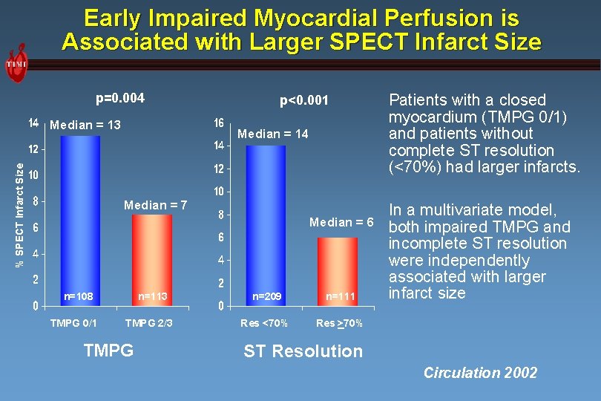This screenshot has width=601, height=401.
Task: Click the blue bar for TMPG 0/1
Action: click(x=79, y=215)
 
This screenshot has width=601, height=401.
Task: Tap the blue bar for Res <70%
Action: click(x=266, y=223)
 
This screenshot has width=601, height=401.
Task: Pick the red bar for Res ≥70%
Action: click(x=338, y=267)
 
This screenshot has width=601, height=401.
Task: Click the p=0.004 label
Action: click(x=120, y=99)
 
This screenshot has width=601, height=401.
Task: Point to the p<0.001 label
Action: click(x=303, y=100)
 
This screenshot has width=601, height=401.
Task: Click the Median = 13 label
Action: click(x=85, y=125)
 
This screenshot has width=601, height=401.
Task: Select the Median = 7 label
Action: click(x=156, y=205)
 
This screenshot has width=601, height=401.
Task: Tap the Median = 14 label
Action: click(x=272, y=134)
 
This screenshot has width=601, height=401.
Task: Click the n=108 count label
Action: click(x=78, y=296)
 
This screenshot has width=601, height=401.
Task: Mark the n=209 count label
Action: click(x=266, y=296)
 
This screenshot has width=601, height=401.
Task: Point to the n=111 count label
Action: click(x=341, y=296)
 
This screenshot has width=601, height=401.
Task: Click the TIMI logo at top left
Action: click(x=17, y=64)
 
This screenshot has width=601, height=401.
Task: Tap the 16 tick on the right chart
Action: click(x=219, y=123)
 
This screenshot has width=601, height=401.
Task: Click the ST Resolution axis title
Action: click(x=303, y=351)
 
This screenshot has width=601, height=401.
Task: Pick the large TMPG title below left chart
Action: click(x=108, y=350)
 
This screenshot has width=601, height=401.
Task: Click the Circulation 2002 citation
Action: click(x=480, y=373)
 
